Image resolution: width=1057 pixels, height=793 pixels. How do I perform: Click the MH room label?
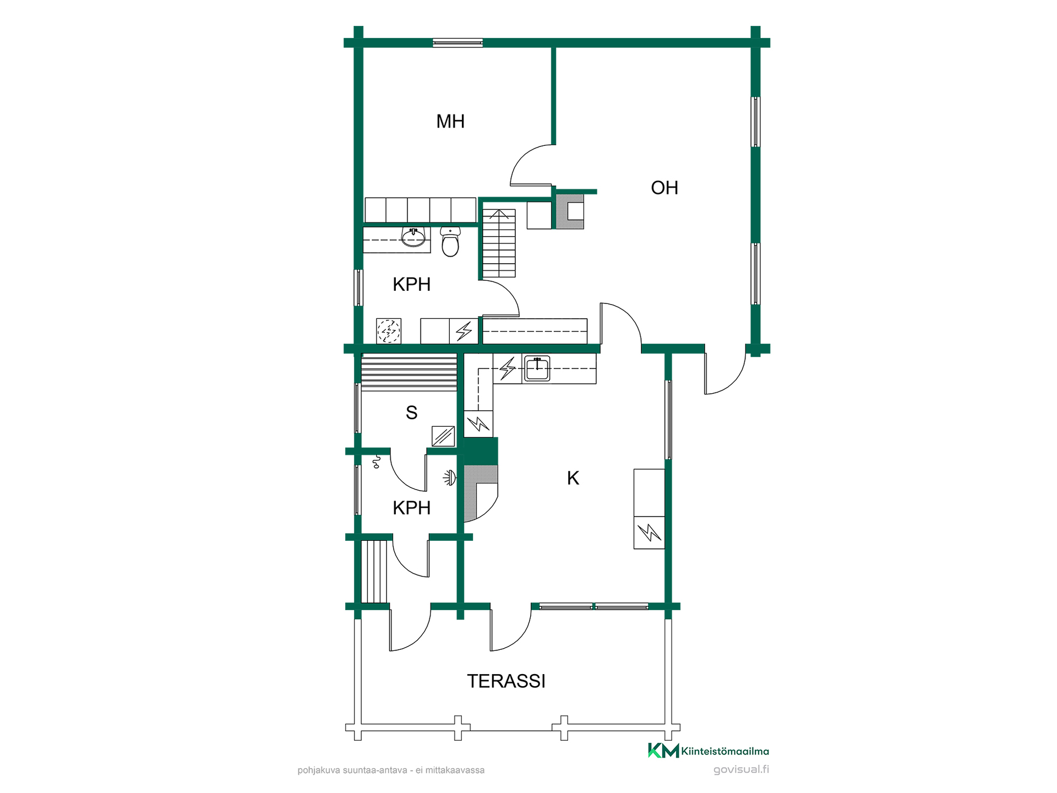coord(450,121)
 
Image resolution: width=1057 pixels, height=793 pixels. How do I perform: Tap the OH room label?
coord(664,188)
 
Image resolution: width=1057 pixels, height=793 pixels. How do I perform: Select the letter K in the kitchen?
coord(573,478)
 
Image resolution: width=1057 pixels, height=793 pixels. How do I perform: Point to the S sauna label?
coord(411,412)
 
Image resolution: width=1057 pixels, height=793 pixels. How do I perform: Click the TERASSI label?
coord(506,681)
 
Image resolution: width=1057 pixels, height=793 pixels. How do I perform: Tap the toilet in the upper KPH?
coord(450,242)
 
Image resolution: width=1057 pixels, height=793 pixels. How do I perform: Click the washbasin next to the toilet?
coord(413,237)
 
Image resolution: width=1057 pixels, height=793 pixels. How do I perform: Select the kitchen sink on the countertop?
coord(537,368)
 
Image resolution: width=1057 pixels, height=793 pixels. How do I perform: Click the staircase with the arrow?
coord(499,243)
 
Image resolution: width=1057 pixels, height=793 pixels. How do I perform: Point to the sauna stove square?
coord(443,437)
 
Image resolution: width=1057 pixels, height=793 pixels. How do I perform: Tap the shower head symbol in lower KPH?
coord(450,478)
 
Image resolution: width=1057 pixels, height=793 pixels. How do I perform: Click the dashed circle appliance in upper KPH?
coord(389,331)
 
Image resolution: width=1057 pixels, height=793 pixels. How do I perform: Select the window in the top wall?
coord(457,42)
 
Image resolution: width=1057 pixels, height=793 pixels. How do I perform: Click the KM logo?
coord(663,751)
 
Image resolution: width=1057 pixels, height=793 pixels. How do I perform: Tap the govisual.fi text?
coord(741,769)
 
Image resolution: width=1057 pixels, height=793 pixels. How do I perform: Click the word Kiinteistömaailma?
coord(725,751)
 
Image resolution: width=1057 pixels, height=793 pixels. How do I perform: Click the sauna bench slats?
coord(409,373)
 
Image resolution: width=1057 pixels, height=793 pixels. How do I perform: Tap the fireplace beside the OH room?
coord(570,211)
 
